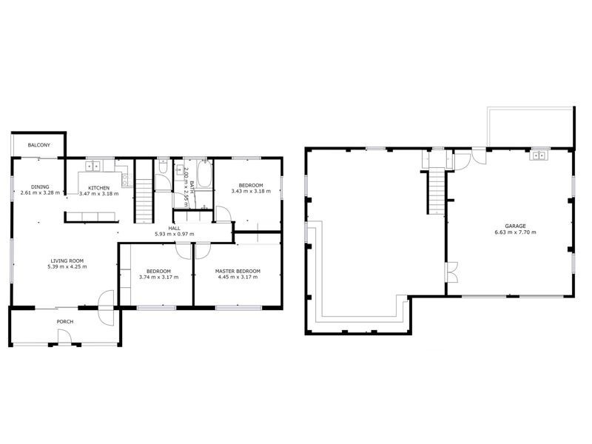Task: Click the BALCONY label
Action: coord(39,145)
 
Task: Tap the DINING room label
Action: coord(40,187)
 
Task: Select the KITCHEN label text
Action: coord(99,188)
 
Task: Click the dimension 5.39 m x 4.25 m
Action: coord(68,266)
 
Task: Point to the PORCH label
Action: coord(65,322)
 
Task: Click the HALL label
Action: coord(175,228)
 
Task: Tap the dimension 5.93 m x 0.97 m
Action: coord(175,234)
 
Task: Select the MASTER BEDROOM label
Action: coord(237,271)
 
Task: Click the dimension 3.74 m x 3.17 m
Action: coord(158,277)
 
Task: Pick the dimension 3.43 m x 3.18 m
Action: coord(251,191)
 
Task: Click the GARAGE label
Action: coord(516,226)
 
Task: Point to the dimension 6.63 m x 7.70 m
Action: coord(516,232)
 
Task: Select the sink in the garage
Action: coord(538,155)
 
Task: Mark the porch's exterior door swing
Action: coord(64,337)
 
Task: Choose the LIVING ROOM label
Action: coord(68,260)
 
